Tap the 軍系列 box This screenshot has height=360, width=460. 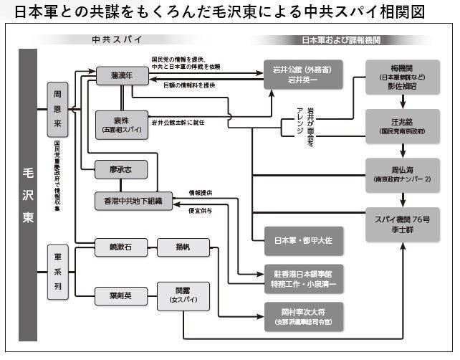pos(57,272)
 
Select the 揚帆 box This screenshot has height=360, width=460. pos(183,248)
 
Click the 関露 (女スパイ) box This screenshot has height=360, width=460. pos(183,295)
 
